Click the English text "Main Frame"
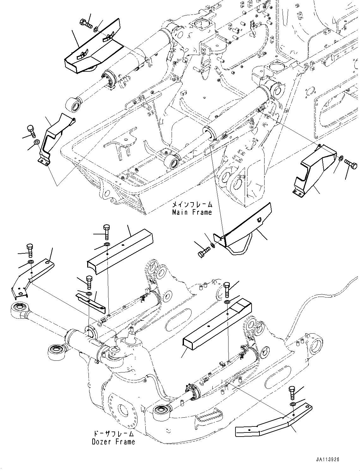(x=192, y=212)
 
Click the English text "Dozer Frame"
(x=113, y=442)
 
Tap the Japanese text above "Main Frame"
(x=192, y=205)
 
